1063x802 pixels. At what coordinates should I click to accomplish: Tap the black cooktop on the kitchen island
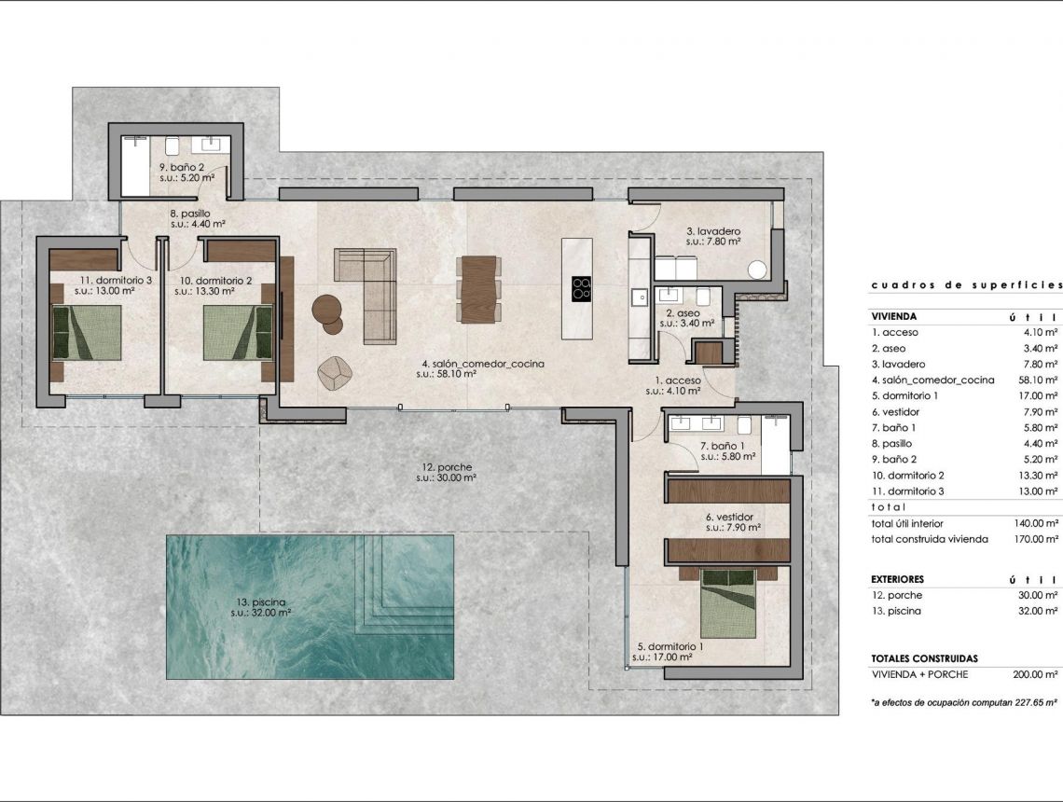[580, 288]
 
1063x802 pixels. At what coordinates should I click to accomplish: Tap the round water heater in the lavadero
[756, 270]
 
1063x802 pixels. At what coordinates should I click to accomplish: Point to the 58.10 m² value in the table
[1038, 380]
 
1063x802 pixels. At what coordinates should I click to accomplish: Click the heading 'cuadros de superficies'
[966, 284]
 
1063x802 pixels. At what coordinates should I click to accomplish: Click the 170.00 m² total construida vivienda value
[1035, 539]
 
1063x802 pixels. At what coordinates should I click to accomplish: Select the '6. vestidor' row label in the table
[895, 411]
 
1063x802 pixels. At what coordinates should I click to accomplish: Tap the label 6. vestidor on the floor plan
[729, 516]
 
